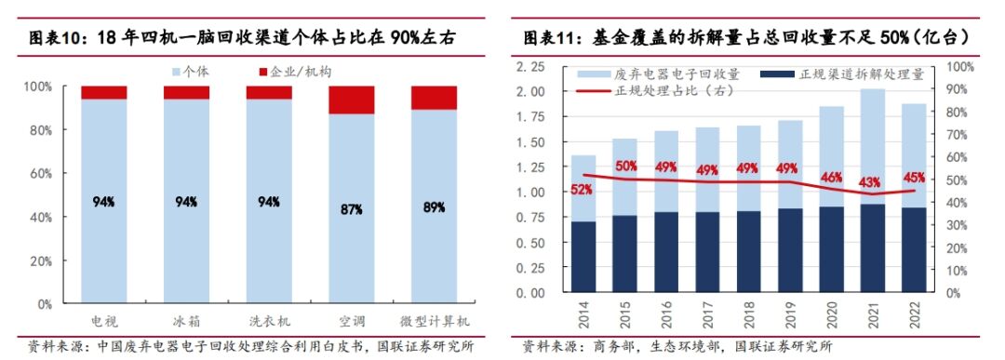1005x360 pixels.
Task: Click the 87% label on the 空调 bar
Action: coord(351,210)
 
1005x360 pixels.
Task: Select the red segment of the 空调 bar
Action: coord(351,100)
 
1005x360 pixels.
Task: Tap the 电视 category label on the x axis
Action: coord(103,320)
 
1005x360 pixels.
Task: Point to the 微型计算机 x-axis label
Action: coord(434,320)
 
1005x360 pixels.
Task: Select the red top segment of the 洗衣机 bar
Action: coord(269,93)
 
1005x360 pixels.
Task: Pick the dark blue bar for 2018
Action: coord(748,251)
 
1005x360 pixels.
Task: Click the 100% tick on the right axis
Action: coord(960,67)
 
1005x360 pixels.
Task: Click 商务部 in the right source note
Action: coord(609,347)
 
